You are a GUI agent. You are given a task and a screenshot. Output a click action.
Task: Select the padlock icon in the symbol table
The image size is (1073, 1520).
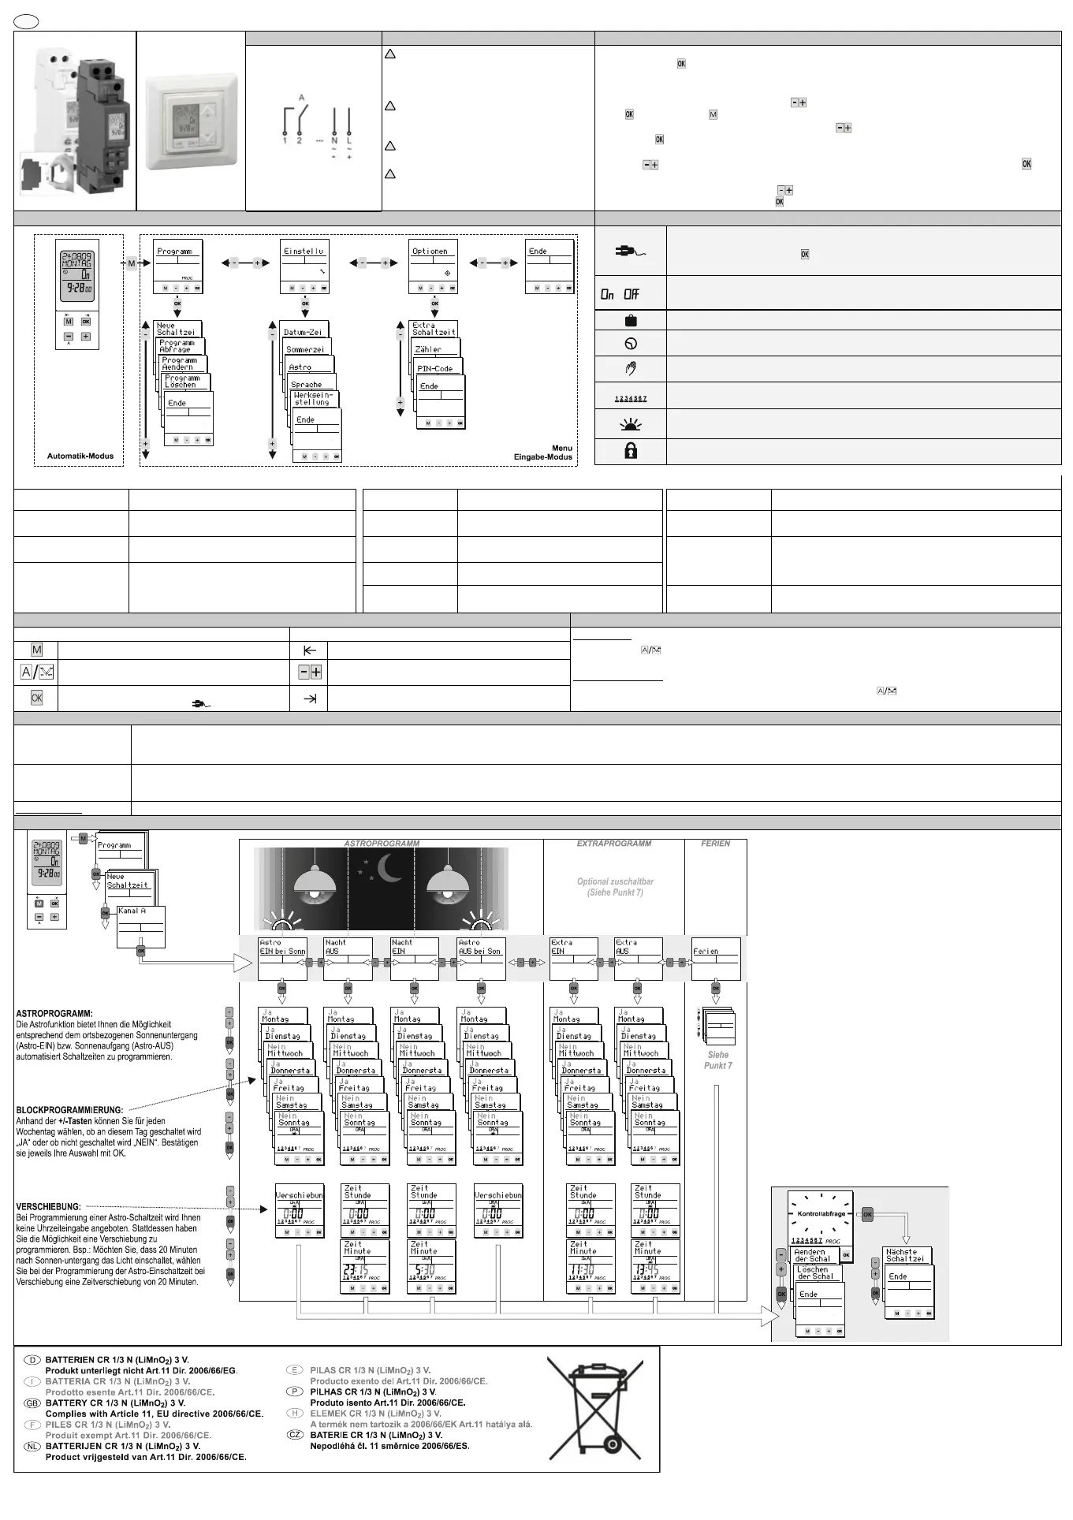pyautogui.click(x=631, y=451)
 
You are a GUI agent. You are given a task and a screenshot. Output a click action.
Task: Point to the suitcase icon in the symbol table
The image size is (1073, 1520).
pyautogui.click(x=631, y=320)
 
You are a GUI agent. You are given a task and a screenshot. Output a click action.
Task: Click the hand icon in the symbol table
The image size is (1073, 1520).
pyautogui.click(x=631, y=368)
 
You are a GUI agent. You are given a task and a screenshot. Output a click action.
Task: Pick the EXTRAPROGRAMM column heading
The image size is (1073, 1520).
pyautogui.click(x=614, y=844)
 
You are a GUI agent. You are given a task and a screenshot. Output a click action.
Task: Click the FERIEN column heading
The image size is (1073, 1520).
pyautogui.click(x=715, y=844)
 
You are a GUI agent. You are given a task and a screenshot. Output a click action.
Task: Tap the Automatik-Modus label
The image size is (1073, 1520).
pyautogui.click(x=80, y=456)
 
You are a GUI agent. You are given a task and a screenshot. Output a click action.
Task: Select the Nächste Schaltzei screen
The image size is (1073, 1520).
pyautogui.click(x=907, y=1254)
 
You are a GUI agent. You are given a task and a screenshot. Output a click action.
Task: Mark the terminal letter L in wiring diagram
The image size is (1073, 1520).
pyautogui.click(x=349, y=140)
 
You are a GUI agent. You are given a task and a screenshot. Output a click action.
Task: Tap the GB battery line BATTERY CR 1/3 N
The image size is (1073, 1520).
pyautogui.click(x=116, y=1403)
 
